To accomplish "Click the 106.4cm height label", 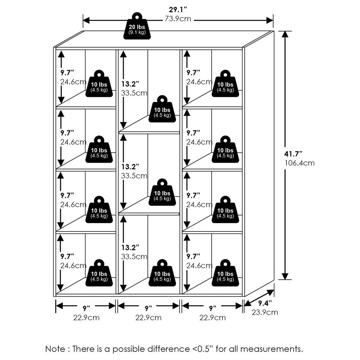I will [300, 163].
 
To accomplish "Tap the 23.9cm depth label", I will [265, 312].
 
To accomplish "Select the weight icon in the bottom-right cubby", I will [225, 274].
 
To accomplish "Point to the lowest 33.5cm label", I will [134, 257].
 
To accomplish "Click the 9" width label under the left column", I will [86, 308].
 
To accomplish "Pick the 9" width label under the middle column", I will [149, 308].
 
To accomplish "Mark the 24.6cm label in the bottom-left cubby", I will [73, 266].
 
